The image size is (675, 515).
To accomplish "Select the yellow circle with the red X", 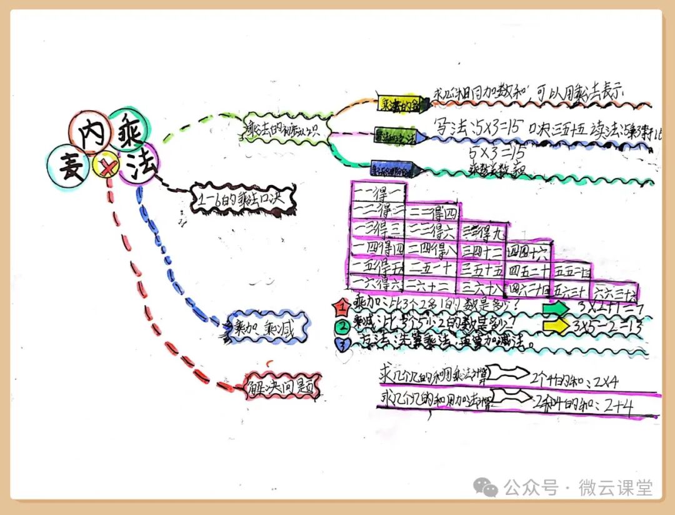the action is click(x=107, y=166).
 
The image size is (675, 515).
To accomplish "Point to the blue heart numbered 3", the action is click(x=341, y=344).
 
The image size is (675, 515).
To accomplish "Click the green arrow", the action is click(x=556, y=309).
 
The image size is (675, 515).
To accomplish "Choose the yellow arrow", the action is click(x=556, y=326).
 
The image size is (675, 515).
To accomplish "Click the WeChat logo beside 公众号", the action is click(x=486, y=486).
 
